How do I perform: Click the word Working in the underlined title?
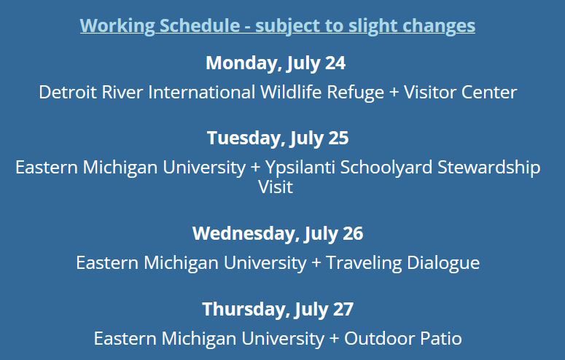click(x=117, y=26)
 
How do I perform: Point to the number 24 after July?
click(x=335, y=63)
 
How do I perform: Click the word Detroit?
click(x=68, y=92)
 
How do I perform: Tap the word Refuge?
click(x=355, y=93)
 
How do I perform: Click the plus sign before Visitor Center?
click(x=394, y=93)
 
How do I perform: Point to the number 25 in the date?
click(x=338, y=138)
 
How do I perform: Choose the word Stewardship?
click(x=489, y=168)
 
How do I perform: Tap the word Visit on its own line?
click(x=276, y=187)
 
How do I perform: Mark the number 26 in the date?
click(x=353, y=233)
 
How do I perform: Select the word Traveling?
click(x=364, y=263)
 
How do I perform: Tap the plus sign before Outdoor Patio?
click(x=334, y=339)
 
